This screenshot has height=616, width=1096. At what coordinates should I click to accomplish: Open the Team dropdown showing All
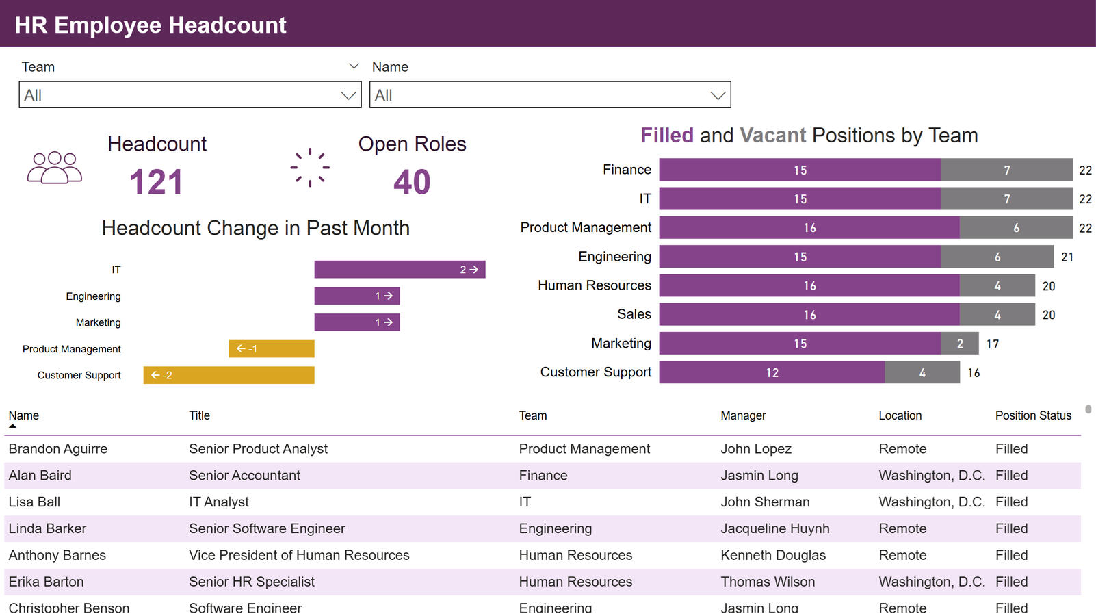(x=190, y=95)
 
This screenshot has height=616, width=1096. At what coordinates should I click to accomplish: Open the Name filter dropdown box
(x=549, y=95)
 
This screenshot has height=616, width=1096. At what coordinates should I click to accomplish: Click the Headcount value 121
(x=156, y=182)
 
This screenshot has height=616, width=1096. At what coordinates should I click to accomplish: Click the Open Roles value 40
(x=412, y=182)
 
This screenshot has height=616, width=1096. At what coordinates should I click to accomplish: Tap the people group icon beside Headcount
(x=55, y=168)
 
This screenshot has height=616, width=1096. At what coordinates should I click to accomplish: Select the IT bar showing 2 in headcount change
(x=400, y=270)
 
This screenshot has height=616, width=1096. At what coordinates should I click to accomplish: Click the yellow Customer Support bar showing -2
(x=229, y=375)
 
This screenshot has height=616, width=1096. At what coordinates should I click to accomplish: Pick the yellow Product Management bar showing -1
(x=272, y=349)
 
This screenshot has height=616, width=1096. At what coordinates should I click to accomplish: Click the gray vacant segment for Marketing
(x=960, y=344)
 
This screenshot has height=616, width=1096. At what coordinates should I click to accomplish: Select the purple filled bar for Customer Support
(x=772, y=372)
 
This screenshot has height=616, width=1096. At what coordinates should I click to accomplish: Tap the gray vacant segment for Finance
(x=1006, y=170)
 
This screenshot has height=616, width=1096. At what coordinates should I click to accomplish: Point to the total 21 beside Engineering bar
(x=1067, y=257)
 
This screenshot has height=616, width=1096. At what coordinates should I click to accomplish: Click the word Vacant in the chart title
(x=772, y=136)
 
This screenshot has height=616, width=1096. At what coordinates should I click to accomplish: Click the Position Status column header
(x=1033, y=415)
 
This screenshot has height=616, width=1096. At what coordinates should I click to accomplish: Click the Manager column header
(x=743, y=415)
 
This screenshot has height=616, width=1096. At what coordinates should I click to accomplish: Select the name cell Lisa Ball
(x=34, y=502)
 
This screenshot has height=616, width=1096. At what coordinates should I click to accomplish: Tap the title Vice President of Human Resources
(x=299, y=555)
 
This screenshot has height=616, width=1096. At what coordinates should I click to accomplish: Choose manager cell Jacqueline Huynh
(x=774, y=528)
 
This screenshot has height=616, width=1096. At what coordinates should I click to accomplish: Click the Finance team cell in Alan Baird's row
(x=543, y=475)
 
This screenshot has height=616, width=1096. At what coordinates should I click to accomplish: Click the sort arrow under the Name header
(x=12, y=426)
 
